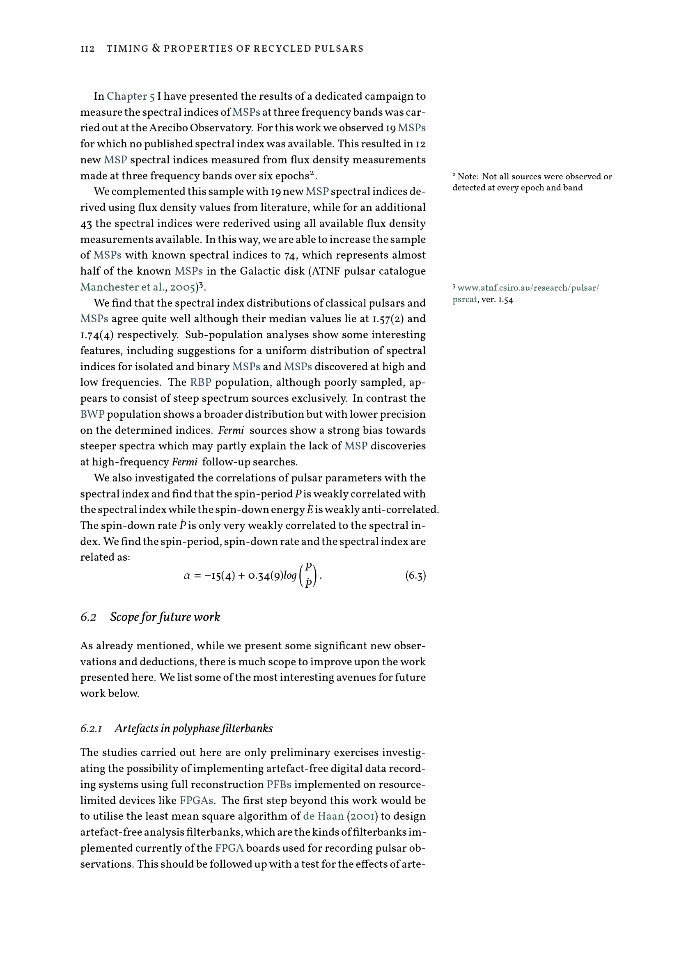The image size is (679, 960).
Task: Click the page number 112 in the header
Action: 87,49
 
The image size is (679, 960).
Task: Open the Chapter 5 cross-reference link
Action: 131,96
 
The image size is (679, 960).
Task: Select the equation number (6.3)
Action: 415,576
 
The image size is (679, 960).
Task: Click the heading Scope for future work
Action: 165,617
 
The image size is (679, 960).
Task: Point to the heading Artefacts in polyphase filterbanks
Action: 193,729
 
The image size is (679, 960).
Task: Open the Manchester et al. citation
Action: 115,288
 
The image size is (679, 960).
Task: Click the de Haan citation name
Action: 323,817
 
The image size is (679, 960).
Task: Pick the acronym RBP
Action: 201,383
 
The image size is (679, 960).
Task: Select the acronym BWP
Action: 92,415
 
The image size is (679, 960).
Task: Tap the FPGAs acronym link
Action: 197,801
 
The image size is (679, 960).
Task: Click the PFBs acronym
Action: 278,785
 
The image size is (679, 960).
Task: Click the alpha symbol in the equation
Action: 187,576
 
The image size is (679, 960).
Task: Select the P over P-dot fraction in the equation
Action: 309,576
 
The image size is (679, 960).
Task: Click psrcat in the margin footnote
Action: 464,300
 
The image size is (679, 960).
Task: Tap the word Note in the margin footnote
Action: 468,177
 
